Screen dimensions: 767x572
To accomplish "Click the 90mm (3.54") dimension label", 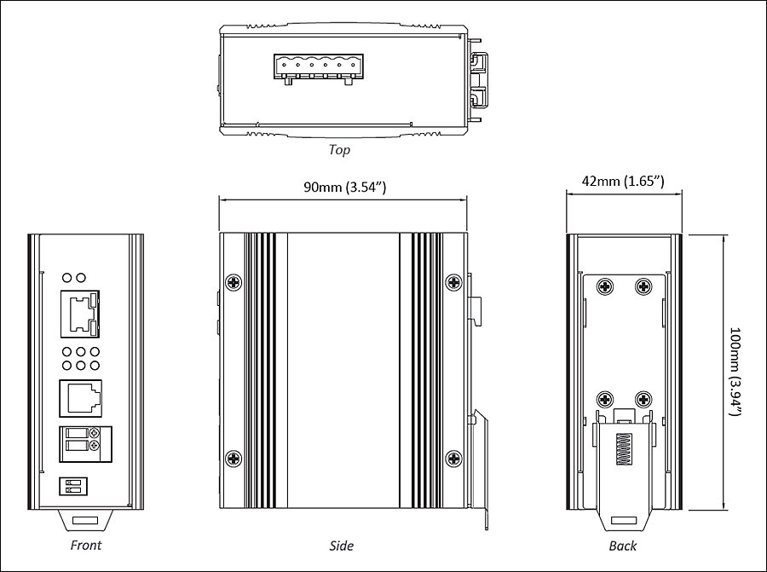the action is pyautogui.click(x=345, y=187).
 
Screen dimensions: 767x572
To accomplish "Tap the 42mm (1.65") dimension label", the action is pyautogui.click(x=623, y=181).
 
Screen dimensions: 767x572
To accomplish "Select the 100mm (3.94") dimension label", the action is pyautogui.click(x=735, y=372).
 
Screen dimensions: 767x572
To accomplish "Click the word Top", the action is pyautogui.click(x=339, y=149).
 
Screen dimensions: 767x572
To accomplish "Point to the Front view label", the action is pyautogui.click(x=86, y=545).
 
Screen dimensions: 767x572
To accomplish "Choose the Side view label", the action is pyautogui.click(x=342, y=546).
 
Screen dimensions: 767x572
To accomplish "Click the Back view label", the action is pyautogui.click(x=623, y=546).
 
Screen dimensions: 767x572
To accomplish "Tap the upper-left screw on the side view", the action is pyautogui.click(x=234, y=282).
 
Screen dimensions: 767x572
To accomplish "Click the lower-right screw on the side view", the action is pyautogui.click(x=454, y=459).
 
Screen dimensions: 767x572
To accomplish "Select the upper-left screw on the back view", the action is pyautogui.click(x=606, y=286).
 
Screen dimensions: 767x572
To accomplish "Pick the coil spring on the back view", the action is pyautogui.click(x=623, y=448).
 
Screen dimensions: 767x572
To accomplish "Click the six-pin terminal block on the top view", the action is pyautogui.click(x=319, y=67).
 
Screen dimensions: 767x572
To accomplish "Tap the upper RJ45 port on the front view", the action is pyautogui.click(x=80, y=314).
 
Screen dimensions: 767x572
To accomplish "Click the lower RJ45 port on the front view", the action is pyautogui.click(x=81, y=398).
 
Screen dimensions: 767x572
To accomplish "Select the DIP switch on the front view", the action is pyautogui.click(x=73, y=486).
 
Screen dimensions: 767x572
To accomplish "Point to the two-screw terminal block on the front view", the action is pyautogui.click(x=85, y=444).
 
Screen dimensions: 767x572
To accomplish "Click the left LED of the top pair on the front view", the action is pyautogui.click(x=67, y=278).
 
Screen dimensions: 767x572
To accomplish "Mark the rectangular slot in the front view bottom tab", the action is pyautogui.click(x=85, y=520).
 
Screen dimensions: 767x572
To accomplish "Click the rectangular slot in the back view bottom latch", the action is pyautogui.click(x=624, y=521).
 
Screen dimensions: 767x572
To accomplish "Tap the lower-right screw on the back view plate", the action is pyautogui.click(x=643, y=400).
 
